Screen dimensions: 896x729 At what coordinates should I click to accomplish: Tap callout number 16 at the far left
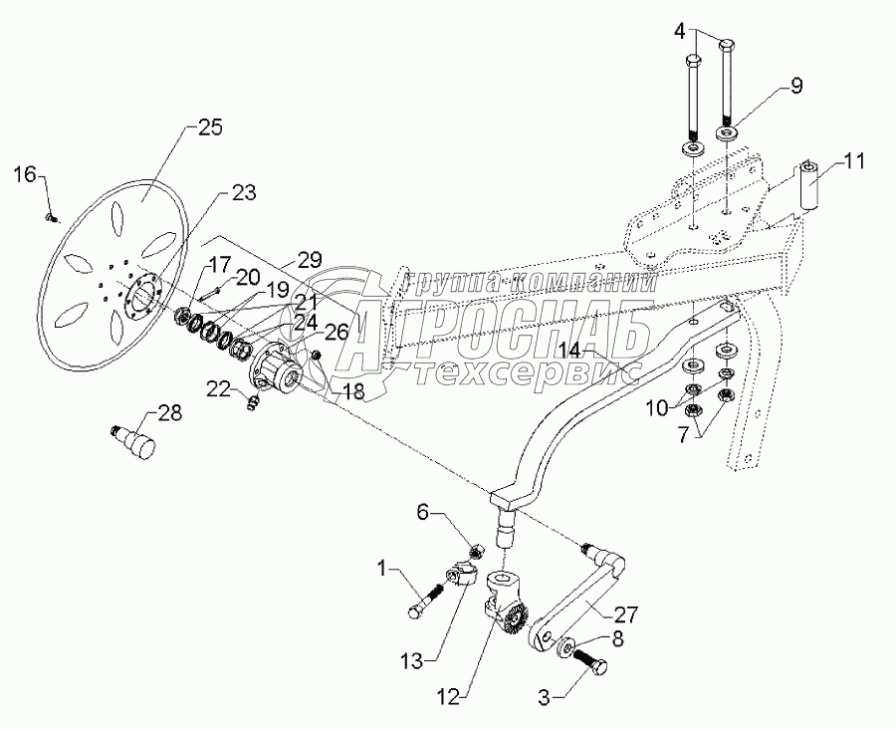click(x=25, y=174)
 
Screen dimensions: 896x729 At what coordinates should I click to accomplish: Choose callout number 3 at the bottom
click(x=544, y=697)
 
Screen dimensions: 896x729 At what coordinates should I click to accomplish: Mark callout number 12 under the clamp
click(x=447, y=697)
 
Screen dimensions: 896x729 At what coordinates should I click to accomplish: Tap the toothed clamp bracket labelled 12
click(x=501, y=604)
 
